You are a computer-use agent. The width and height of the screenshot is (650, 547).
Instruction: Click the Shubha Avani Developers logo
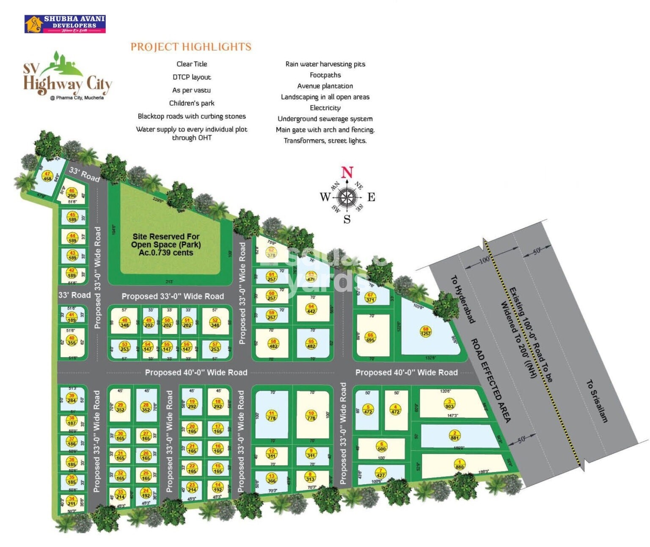tap(65, 24)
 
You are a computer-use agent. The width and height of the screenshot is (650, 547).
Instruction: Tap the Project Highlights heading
tap(191, 47)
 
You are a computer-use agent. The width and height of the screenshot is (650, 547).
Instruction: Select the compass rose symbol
tap(347, 197)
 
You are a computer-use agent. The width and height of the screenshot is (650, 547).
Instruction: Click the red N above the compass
tap(347, 173)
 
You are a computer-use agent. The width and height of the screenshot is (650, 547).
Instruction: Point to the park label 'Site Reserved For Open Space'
tap(166, 245)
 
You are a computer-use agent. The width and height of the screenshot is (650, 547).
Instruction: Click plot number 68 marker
tap(425, 331)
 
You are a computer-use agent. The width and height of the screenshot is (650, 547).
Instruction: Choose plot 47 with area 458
tap(47, 176)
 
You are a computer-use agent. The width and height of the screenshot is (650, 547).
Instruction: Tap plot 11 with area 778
tap(271, 415)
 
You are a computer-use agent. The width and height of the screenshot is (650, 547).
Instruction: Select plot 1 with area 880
tap(460, 465)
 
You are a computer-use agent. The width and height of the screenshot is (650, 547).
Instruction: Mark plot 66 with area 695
tap(370, 337)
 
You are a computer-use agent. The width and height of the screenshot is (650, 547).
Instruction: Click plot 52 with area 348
tap(215, 323)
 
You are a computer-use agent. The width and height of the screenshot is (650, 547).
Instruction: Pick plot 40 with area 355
tap(72, 341)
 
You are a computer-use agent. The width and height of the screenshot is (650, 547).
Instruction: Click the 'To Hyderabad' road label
tap(463, 299)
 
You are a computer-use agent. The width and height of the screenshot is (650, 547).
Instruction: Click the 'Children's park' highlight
tap(192, 103)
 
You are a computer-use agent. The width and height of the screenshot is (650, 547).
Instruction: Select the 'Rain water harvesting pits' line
tap(325, 64)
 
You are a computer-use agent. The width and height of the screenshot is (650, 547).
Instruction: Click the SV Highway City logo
tap(67, 78)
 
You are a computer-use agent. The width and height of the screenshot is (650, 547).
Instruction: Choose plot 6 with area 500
tap(382, 447)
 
